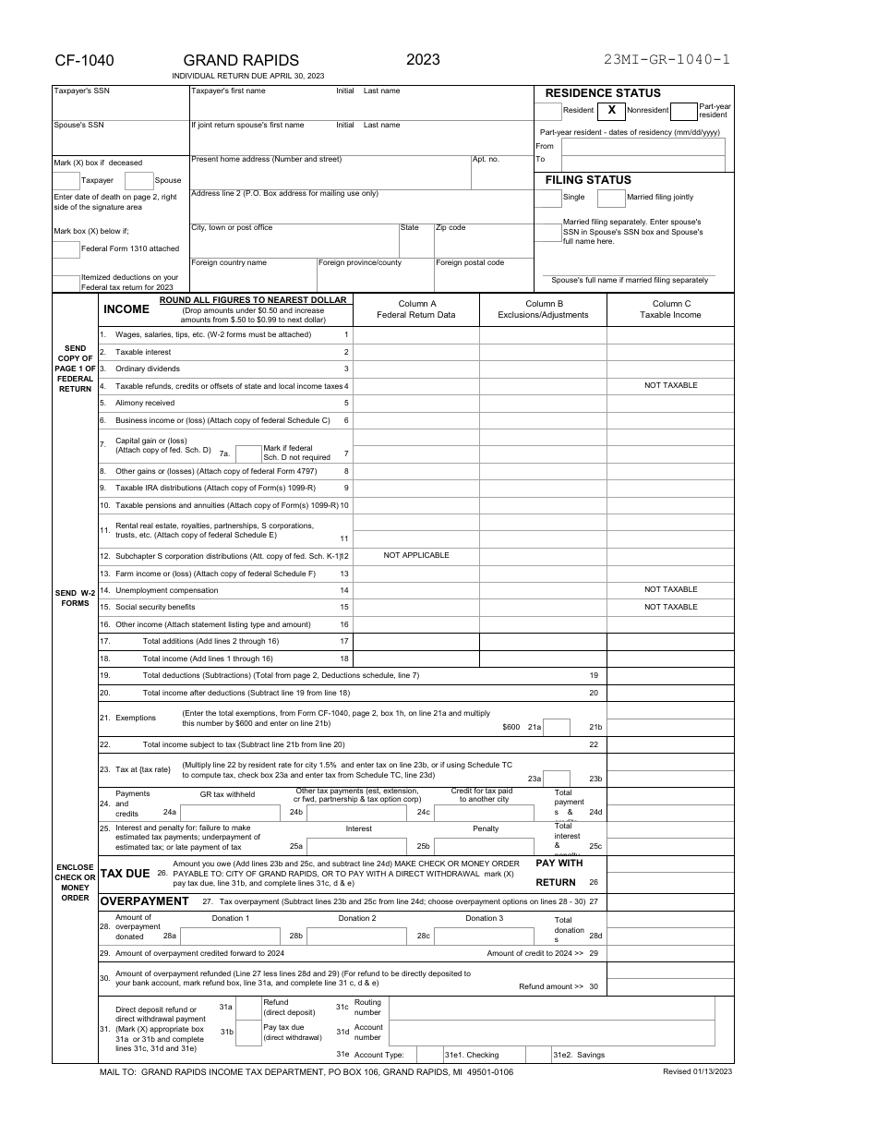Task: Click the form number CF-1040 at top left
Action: tap(84, 61)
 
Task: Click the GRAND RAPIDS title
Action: tap(241, 61)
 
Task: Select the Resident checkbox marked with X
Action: tap(611, 111)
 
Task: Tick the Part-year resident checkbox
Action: tap(683, 112)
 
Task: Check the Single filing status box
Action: tap(548, 198)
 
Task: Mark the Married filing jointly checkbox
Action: tap(611, 198)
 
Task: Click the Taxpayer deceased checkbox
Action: tap(66, 181)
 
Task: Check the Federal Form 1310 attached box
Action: tap(66, 249)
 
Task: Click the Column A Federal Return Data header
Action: tap(416, 309)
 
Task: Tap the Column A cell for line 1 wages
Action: tap(416, 334)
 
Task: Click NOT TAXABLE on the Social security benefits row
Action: tap(670, 607)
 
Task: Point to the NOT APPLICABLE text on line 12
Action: tap(416, 555)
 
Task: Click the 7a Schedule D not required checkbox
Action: tap(248, 453)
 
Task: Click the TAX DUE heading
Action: tap(125, 873)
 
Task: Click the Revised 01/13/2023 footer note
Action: tap(697, 1071)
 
